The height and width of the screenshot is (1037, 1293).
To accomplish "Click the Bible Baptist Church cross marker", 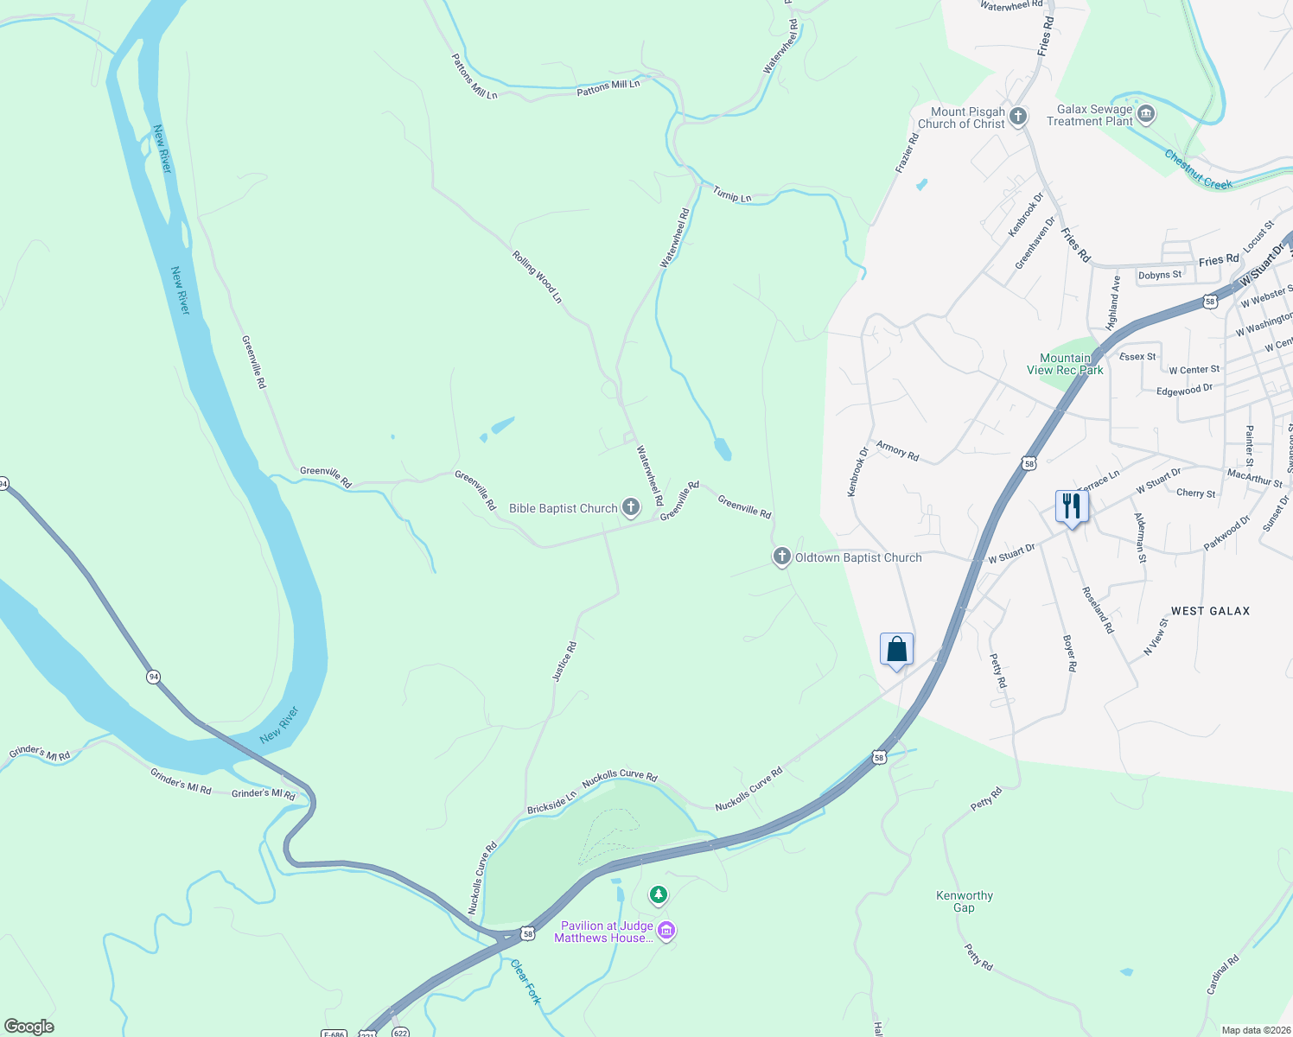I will coord(631,508).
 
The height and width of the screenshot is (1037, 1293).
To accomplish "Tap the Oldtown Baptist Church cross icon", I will coord(781,557).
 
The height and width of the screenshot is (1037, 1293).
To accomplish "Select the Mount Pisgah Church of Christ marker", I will coord(1018,117).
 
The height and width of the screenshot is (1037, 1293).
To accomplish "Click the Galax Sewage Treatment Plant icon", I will coord(1146,114).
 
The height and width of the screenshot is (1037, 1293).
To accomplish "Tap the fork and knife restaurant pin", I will coord(1071,506).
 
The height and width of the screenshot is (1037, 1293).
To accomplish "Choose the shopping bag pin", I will coord(896,649).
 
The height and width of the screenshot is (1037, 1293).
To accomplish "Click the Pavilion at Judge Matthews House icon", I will coord(666,931).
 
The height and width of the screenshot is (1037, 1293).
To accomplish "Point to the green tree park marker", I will coord(659,894).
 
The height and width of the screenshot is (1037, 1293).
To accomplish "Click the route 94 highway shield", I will coord(153,677).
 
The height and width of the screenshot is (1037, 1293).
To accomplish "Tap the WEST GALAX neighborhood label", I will coord(1210,611).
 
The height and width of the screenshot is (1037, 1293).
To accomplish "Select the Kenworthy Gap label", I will coord(965,901).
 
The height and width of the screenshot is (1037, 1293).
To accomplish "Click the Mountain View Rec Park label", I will coord(1065,364).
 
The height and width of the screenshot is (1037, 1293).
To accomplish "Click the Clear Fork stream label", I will coord(525,982).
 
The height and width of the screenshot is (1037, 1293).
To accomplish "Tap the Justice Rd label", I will coord(564,661).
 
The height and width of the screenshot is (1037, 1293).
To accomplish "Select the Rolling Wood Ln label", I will coord(537,277).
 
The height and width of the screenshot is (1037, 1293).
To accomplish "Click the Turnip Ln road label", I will coord(732,195).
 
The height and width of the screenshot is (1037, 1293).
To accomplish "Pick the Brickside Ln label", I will coord(551,803).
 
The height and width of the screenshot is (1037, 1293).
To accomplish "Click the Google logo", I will coord(29,1027).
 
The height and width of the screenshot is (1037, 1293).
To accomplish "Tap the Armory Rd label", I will coord(897,450).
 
